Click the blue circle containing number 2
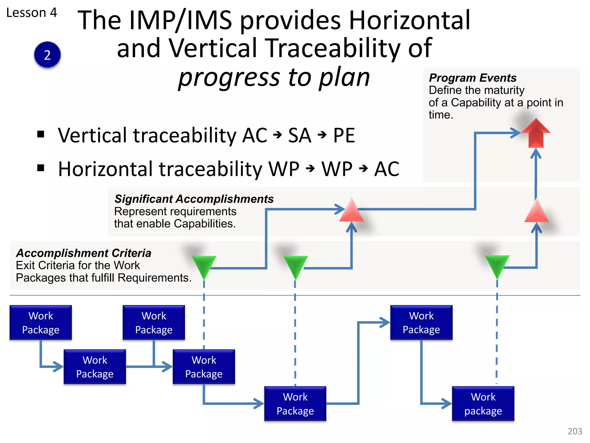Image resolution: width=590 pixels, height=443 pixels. point(47,55)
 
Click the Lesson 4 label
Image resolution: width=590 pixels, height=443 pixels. point(32,13)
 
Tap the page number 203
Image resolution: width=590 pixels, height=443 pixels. point(575,431)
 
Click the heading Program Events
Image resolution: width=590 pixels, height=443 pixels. point(472,78)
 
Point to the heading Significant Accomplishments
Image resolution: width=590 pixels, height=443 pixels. point(194,199)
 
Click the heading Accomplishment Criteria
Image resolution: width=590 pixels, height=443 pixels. point(84,253)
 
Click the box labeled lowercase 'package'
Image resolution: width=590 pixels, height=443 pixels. point(483,404)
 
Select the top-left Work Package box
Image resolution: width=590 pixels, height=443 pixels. point(41,322)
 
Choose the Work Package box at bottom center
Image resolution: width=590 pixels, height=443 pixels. point(295,404)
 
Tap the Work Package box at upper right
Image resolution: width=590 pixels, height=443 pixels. point(421,322)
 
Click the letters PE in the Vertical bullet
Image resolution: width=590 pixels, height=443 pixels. point(344,136)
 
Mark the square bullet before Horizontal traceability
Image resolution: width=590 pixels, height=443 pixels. point(41,168)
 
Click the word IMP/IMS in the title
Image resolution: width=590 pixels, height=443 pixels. point(181,20)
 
